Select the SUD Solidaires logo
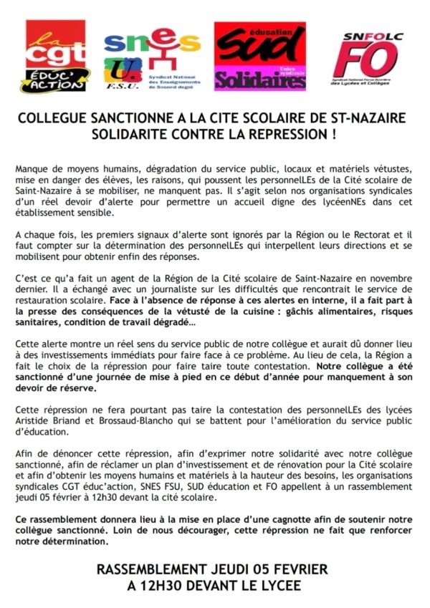coord(259,56)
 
